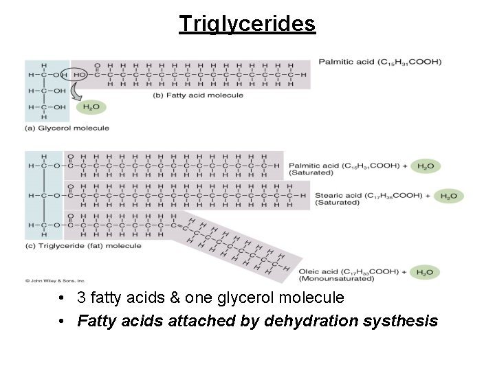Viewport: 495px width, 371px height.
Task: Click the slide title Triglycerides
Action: click(x=247, y=23)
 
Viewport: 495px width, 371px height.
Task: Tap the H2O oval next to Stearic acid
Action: click(x=448, y=196)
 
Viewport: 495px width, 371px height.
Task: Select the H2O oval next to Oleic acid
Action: click(x=426, y=272)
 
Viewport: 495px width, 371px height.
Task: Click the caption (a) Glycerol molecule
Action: click(x=67, y=128)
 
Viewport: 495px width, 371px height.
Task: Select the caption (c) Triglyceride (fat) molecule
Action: click(x=83, y=245)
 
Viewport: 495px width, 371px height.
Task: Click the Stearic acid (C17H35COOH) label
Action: click(x=368, y=196)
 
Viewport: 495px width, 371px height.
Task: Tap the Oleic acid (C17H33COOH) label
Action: click(x=348, y=271)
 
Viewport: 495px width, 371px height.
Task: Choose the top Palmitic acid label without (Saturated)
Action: click(x=379, y=62)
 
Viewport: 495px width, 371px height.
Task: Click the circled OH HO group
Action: click(x=71, y=74)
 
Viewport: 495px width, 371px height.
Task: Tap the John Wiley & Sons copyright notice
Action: click(x=56, y=280)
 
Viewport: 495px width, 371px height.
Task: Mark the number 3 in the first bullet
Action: click(x=82, y=298)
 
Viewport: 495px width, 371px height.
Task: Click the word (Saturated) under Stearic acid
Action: click(x=337, y=203)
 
